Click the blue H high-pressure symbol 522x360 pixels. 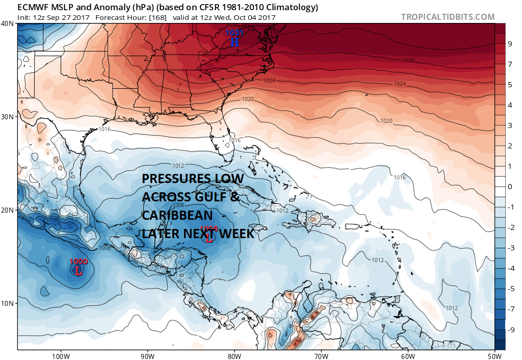[x=234, y=42]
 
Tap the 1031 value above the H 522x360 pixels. [x=234, y=33]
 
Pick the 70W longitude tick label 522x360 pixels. [x=321, y=355]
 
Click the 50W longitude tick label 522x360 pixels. [x=494, y=355]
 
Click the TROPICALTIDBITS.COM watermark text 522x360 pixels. [x=448, y=17]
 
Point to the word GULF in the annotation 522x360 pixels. [x=208, y=197]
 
